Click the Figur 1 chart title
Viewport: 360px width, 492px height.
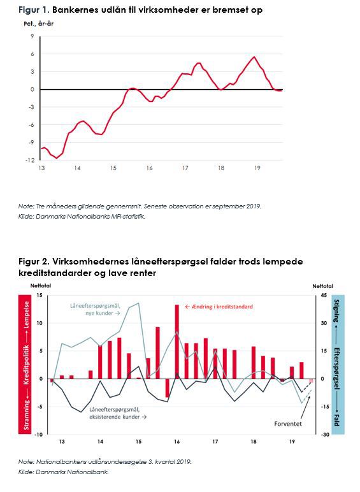point(140,10)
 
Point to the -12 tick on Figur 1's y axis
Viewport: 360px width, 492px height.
point(30,160)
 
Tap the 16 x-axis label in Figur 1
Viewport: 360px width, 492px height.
point(149,168)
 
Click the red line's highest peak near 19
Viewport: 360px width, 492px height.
point(254,57)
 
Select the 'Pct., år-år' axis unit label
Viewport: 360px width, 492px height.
point(39,24)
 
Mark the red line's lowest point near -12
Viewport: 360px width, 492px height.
point(57,158)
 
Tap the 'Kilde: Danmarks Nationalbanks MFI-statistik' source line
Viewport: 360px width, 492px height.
point(82,217)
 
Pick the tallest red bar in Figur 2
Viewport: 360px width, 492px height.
point(177,342)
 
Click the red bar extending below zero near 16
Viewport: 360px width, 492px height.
point(168,388)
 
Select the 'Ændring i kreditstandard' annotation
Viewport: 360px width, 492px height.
point(219,307)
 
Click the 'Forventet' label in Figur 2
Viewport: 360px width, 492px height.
point(288,424)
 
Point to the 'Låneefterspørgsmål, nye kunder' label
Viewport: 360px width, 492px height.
point(96,309)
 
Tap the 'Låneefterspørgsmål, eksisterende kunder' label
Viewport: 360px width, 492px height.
point(118,413)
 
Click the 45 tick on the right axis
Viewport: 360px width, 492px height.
point(324,295)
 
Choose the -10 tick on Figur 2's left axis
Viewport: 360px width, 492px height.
point(39,435)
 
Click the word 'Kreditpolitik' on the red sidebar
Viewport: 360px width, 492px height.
point(26,365)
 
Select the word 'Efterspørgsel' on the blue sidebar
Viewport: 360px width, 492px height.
point(336,368)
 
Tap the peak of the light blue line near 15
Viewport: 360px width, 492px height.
point(139,303)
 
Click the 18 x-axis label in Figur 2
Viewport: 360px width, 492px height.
point(254,442)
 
